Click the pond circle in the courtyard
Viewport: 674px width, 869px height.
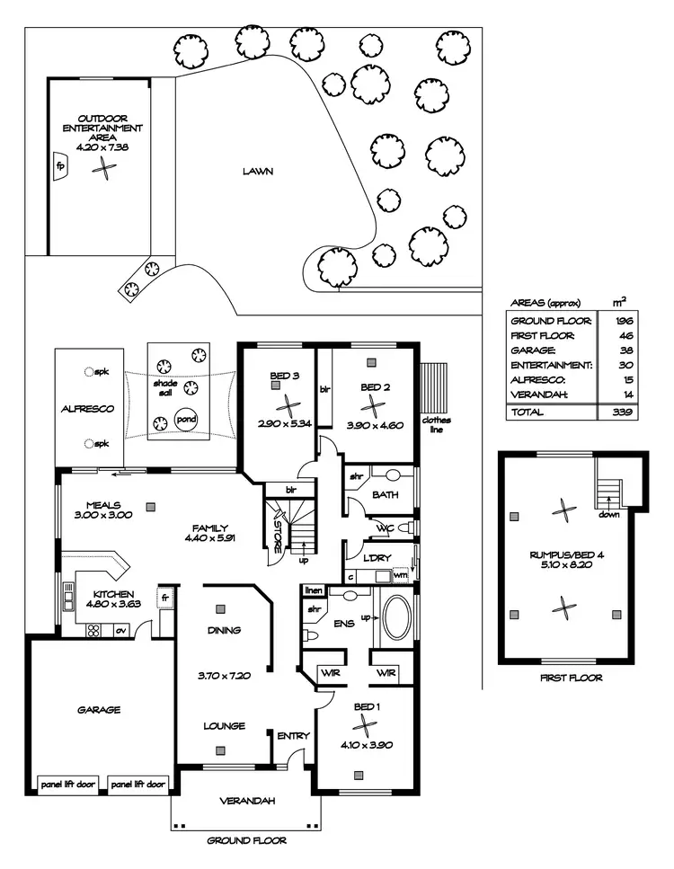(x=187, y=420)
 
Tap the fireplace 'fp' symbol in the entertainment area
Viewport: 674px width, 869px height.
(x=61, y=167)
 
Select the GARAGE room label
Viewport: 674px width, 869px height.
(x=99, y=709)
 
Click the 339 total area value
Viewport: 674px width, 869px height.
(x=621, y=412)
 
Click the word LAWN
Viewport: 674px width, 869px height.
(x=257, y=171)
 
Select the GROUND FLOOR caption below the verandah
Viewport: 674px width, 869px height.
(x=246, y=841)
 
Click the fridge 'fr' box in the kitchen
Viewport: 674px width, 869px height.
(x=166, y=596)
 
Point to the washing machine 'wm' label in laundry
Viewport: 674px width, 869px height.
(x=400, y=574)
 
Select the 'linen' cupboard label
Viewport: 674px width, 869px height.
(x=313, y=590)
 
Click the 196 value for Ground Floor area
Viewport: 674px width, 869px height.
(x=621, y=320)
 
